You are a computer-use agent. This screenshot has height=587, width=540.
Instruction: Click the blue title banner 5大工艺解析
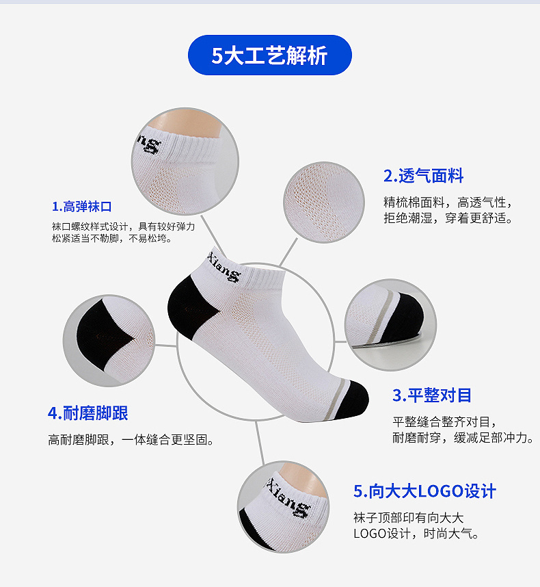coord(269,55)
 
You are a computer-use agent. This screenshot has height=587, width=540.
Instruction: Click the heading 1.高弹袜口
coord(81,207)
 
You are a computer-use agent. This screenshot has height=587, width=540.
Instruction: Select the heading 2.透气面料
coord(423,176)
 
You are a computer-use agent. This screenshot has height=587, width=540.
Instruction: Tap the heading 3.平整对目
coord(432,395)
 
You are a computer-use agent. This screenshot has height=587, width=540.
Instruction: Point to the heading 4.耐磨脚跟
coord(88,413)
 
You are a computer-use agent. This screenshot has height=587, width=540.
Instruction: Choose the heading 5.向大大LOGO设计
coord(424,491)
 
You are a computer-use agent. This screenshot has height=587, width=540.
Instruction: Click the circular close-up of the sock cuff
coord(185,161)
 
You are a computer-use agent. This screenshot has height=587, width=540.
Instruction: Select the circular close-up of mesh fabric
coord(324,202)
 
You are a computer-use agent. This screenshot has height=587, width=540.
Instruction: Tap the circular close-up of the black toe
coord(390,324)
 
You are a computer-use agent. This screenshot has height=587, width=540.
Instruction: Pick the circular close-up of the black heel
coord(109,340)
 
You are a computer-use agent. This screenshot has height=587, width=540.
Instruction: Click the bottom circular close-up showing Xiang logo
coord(283,507)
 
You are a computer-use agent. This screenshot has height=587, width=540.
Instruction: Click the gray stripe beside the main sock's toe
coord(334,398)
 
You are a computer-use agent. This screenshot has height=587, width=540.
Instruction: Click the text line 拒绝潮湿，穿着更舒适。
coord(448,218)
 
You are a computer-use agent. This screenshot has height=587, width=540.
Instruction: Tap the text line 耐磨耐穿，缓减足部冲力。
coord(463,437)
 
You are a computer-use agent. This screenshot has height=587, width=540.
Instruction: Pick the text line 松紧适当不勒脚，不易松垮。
coord(112,239)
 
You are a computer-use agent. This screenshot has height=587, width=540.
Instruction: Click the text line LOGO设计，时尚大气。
coord(416,534)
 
